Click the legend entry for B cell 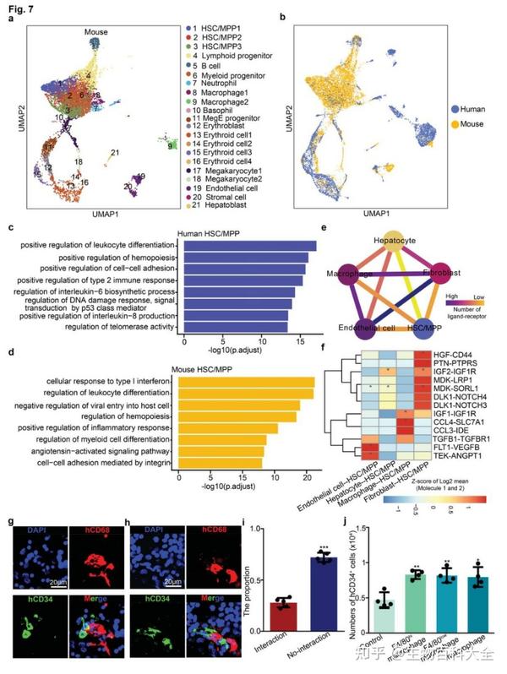coord(206,63)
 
